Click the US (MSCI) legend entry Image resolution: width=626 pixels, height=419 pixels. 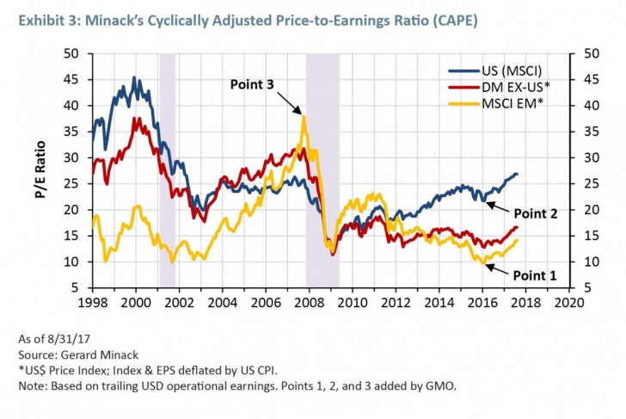click(x=498, y=71)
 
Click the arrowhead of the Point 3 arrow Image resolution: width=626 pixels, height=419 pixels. click(x=302, y=113)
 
